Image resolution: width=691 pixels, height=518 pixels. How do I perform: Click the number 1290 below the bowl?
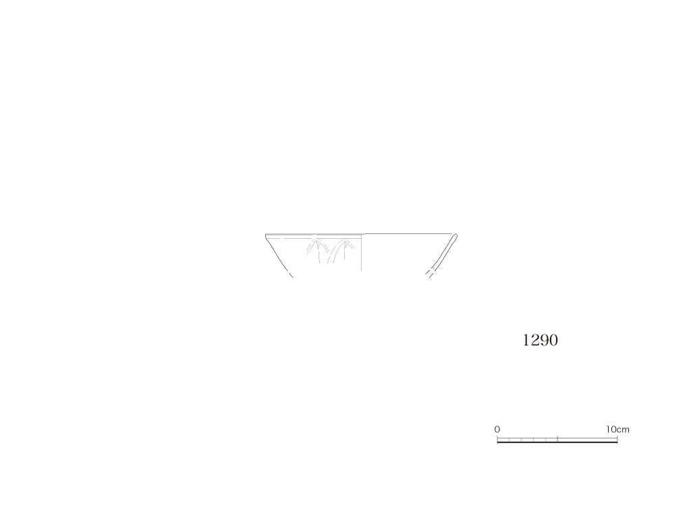click(x=541, y=340)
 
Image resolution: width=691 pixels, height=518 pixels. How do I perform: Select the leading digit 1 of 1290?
click(x=526, y=340)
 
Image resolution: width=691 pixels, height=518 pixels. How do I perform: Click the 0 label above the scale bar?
click(x=497, y=429)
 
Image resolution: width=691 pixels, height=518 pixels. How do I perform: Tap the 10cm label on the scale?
click(x=617, y=429)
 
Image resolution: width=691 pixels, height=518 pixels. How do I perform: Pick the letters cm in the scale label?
click(x=623, y=430)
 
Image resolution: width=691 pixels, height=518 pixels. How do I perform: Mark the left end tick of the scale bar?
click(x=497, y=439)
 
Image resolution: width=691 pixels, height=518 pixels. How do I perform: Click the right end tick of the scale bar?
click(x=617, y=439)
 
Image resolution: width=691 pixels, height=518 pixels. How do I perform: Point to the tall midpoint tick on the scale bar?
click(x=557, y=439)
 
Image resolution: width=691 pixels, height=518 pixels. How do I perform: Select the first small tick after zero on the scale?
click(x=509, y=440)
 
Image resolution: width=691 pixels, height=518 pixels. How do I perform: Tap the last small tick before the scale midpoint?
click(x=545, y=440)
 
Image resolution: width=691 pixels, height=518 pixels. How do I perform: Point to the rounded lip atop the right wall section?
click(x=455, y=236)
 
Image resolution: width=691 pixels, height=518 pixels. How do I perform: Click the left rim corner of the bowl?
click(x=266, y=235)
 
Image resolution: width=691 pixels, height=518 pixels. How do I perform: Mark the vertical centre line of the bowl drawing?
click(x=362, y=252)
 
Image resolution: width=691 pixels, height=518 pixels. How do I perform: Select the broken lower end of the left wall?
click(x=292, y=276)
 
